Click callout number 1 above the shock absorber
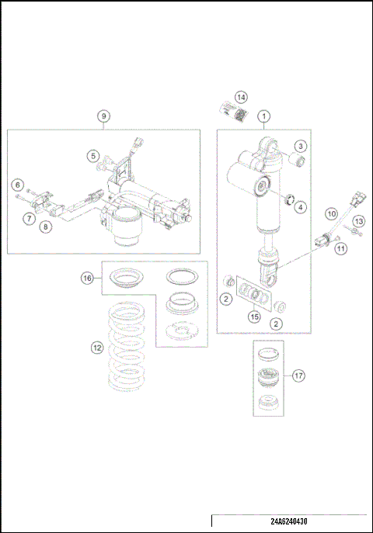point(264,116)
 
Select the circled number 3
point(300,146)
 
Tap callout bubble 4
point(300,207)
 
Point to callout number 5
point(92,155)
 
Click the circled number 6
point(16,185)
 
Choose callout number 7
point(27,220)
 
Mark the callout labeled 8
point(46,227)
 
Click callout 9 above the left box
point(103,116)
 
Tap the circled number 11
point(340,248)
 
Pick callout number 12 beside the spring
point(96,348)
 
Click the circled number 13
point(357,222)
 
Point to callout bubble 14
point(242,97)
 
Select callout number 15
point(253,316)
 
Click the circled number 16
point(88,276)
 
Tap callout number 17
point(298,376)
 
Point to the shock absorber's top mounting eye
point(265,143)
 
